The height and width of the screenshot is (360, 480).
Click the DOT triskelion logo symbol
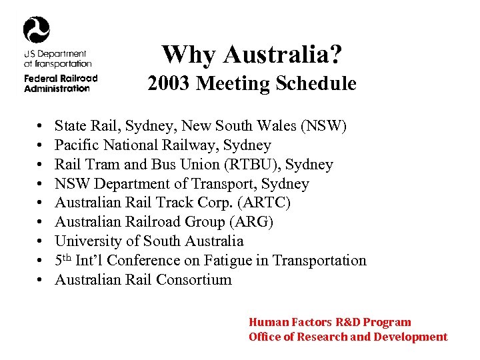[37, 29]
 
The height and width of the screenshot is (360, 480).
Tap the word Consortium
[194, 280]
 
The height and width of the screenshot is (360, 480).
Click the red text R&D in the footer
[344, 323]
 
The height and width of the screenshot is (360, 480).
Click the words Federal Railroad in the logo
[60, 79]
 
